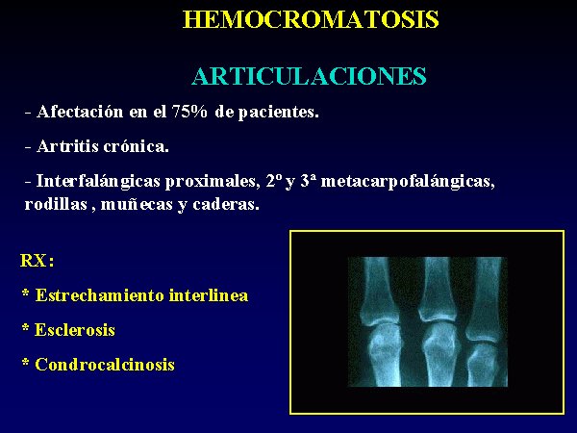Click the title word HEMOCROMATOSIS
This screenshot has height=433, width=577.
[x=311, y=19]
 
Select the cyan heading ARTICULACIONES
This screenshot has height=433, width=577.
[x=309, y=76]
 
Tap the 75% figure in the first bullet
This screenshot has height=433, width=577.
[x=189, y=112]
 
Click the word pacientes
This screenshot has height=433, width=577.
[x=278, y=113]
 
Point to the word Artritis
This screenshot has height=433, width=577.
[x=67, y=146]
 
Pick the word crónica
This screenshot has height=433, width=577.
[x=137, y=146]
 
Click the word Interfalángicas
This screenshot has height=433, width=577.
[x=98, y=182]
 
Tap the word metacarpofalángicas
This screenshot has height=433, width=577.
[x=408, y=182]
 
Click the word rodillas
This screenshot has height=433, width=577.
[x=56, y=204]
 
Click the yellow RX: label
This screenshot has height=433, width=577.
[x=38, y=261]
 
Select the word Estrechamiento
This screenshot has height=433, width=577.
[x=100, y=295]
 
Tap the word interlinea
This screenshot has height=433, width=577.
[x=209, y=295]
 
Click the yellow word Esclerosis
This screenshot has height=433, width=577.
[x=75, y=330]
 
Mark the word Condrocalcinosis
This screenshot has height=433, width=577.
[x=105, y=365]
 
